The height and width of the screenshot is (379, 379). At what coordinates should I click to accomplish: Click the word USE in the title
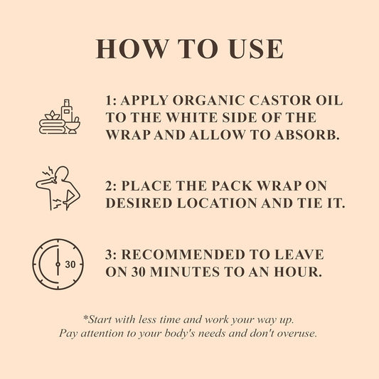[x=256, y=49]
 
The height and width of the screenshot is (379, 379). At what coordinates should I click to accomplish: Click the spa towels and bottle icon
[x=60, y=117]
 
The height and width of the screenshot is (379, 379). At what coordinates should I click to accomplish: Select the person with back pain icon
[x=58, y=188]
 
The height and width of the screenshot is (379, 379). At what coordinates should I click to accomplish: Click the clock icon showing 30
[x=58, y=265]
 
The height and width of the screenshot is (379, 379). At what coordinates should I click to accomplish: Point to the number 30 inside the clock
[x=70, y=265]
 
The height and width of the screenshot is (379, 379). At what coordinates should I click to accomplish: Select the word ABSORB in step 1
[x=306, y=135]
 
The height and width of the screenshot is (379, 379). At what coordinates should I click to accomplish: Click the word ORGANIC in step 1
[x=208, y=100]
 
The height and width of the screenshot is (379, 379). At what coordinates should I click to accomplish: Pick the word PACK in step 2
[x=232, y=186]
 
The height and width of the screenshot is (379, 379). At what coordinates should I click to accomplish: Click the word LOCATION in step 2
[x=217, y=203]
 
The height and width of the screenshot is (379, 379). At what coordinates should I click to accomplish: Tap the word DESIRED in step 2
[x=139, y=203]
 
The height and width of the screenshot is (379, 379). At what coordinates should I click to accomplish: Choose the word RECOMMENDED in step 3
[x=183, y=255]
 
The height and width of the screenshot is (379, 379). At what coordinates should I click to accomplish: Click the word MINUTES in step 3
[x=185, y=272]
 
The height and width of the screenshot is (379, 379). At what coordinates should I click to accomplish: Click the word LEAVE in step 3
[x=299, y=255]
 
